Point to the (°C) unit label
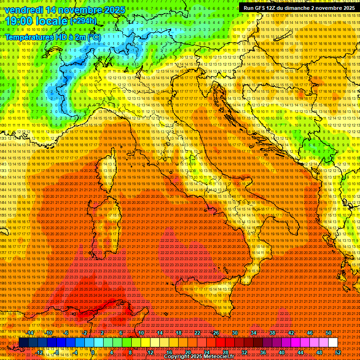[x=93, y=37]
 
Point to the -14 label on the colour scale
[x=30, y=333]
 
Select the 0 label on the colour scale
[x=94, y=352]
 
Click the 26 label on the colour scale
[x=216, y=333]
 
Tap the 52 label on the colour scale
[x=338, y=352]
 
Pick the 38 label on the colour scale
[x=272, y=333]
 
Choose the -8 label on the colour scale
[x=57, y=352]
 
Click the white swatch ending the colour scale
[x=333, y=343]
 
